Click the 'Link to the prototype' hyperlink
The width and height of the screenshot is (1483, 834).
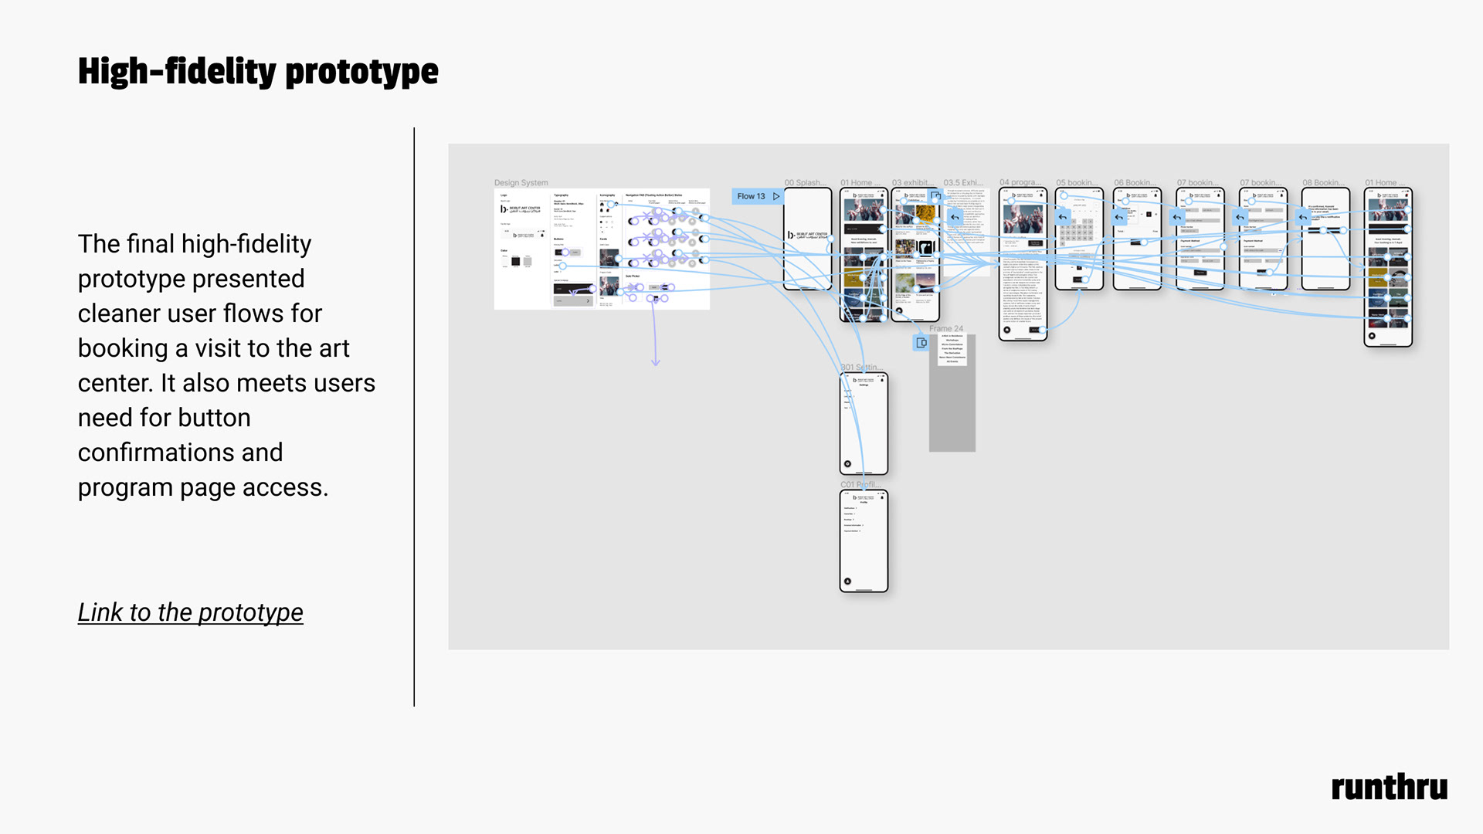pyautogui.click(x=190, y=612)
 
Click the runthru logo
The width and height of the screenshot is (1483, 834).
pyautogui.click(x=1389, y=788)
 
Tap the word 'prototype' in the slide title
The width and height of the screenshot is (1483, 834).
pyautogui.click(x=361, y=72)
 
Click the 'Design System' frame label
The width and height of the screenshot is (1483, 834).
pyautogui.click(x=521, y=183)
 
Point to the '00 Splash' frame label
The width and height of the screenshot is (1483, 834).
pyautogui.click(x=804, y=183)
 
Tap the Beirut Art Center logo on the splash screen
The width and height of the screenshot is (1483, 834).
pyautogui.click(x=807, y=235)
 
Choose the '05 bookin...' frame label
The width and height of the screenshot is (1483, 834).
pyautogui.click(x=1075, y=183)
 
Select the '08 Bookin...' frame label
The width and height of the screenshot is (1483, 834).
pyautogui.click(x=1322, y=183)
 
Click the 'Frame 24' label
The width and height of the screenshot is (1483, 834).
pyautogui.click(x=945, y=329)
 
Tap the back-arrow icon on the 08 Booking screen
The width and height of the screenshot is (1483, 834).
pyautogui.click(x=1304, y=217)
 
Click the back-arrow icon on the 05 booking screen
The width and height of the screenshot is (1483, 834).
pyautogui.click(x=1063, y=217)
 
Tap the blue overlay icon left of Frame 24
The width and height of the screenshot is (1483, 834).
pyautogui.click(x=921, y=343)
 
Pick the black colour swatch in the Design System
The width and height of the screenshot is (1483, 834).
pyautogui.click(x=515, y=262)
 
